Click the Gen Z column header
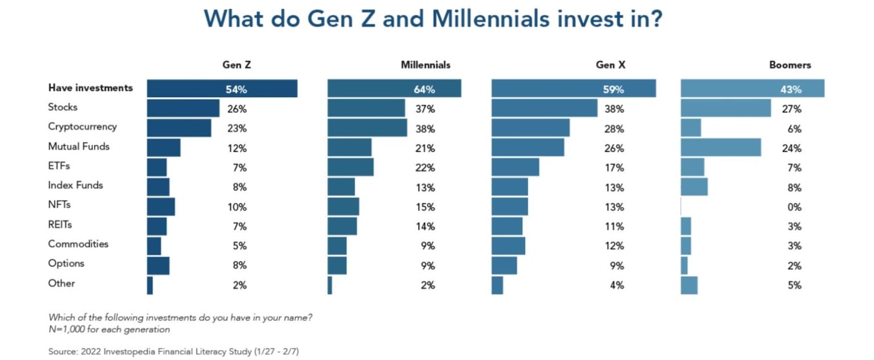pos(236,65)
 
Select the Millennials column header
pos(425,65)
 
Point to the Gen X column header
pos(611,65)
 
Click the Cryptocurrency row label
pos(82,127)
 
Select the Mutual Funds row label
pos(78,146)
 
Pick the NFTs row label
pos(59,205)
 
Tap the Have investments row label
pos(90,88)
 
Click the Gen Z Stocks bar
pos(183,108)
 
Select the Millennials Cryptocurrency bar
pos(367,127)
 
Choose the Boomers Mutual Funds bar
pos(720,147)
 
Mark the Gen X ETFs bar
pos(515,167)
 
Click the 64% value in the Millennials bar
pos(424,89)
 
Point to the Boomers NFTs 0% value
pos(794,207)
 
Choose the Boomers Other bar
pos(689,285)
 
